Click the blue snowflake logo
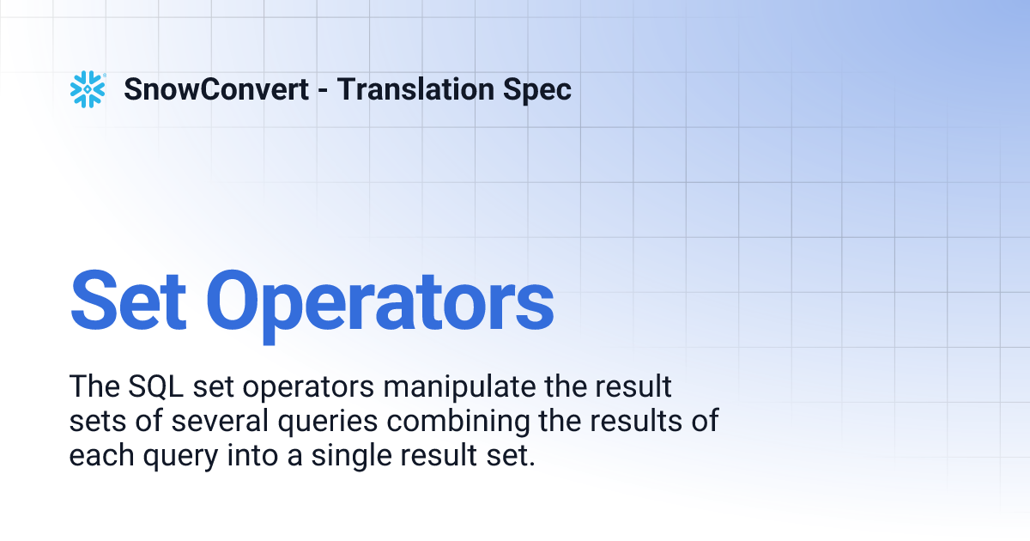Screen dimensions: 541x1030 coord(88,89)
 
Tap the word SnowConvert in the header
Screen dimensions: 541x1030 coord(216,89)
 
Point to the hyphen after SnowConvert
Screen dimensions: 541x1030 coord(323,89)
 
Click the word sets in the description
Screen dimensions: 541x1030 coord(94,422)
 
